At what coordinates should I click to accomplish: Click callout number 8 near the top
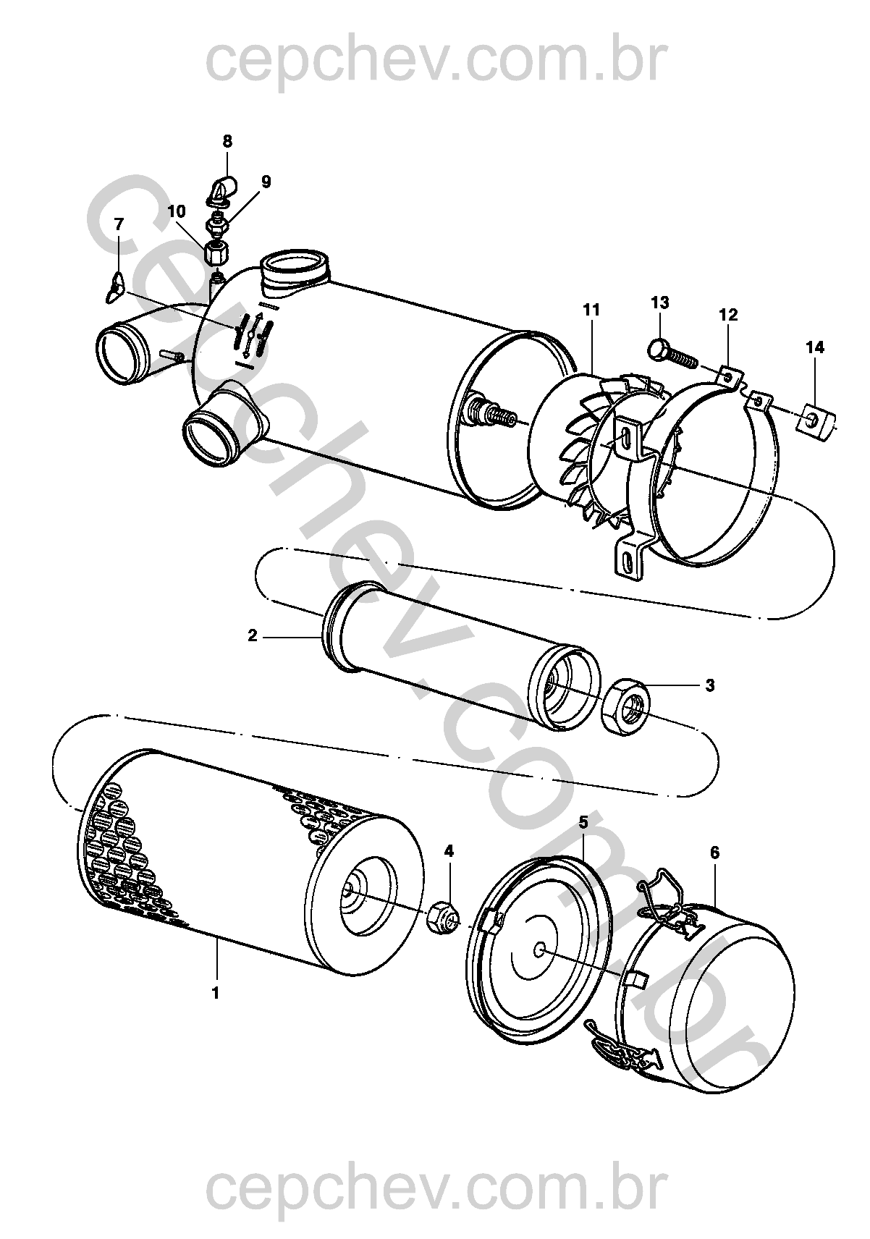click(227, 142)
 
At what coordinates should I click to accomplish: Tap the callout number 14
click(815, 347)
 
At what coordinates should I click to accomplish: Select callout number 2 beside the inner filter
click(252, 636)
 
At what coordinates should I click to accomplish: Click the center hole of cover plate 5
click(539, 948)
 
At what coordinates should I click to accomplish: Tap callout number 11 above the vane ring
click(591, 310)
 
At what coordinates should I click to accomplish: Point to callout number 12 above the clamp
click(728, 315)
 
